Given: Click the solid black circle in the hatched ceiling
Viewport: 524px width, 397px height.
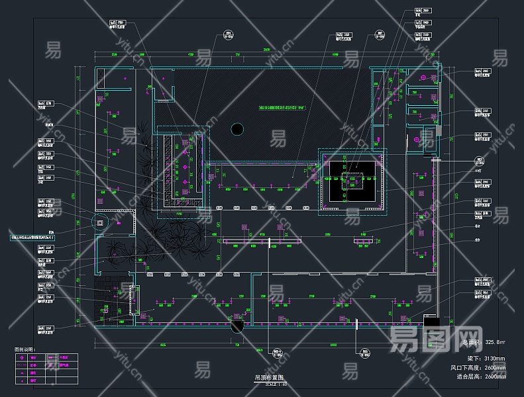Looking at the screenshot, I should (236, 130).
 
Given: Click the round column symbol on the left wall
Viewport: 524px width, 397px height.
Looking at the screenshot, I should (101, 223).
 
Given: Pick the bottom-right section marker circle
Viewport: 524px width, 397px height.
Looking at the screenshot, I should (364, 352).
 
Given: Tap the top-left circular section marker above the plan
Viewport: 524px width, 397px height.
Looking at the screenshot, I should (228, 35).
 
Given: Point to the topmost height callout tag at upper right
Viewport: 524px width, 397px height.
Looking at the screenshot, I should (423, 11).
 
